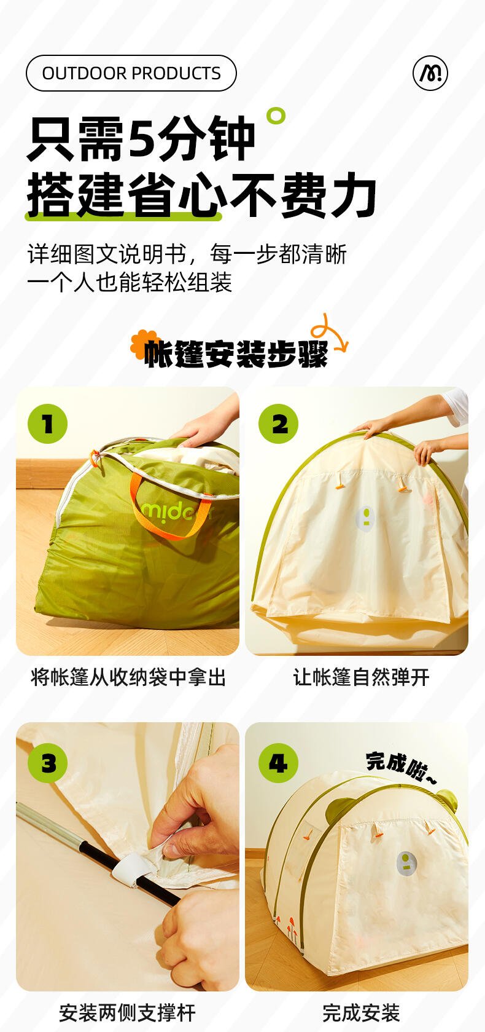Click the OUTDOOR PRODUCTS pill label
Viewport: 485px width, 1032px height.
[131, 73]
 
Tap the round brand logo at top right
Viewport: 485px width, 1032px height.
[430, 73]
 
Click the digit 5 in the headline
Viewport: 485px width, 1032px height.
[142, 138]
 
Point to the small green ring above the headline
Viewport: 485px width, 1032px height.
[276, 116]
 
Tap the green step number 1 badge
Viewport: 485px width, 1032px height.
[48, 424]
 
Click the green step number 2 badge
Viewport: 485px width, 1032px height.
[278, 424]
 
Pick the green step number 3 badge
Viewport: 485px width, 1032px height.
[48, 763]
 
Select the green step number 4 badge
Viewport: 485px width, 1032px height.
[278, 763]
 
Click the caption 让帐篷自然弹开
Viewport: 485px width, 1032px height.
[361, 677]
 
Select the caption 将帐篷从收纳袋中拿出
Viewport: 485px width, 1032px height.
[128, 677]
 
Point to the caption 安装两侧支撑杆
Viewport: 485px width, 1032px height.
[128, 1013]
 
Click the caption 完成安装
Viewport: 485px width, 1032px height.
[361, 1013]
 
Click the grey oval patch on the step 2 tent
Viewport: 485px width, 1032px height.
[366, 519]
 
